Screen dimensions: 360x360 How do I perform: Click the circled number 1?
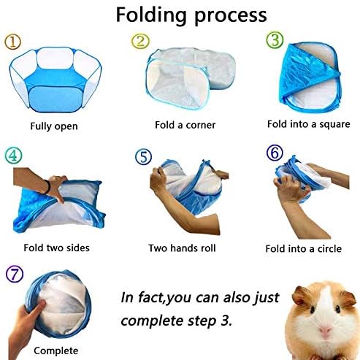coord(13,42)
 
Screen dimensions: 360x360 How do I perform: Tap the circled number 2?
coord(140,41)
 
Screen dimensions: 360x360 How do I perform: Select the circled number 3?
coord(275,39)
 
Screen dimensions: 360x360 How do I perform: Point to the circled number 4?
coord(13,155)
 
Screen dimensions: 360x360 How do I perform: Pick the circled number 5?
coord(144,156)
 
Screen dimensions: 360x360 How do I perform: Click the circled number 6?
coord(275,153)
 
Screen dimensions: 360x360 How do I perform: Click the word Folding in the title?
coord(151,16)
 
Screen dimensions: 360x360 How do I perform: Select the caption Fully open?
coord(54,126)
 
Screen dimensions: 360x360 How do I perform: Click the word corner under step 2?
coord(200,125)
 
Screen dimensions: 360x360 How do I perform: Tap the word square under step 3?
coord(334,124)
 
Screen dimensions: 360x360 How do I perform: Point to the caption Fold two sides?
coord(56,248)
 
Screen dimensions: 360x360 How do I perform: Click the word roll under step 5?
coord(208,248)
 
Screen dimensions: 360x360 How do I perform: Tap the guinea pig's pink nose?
coord(325,331)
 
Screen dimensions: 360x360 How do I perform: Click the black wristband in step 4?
coord(47,187)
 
